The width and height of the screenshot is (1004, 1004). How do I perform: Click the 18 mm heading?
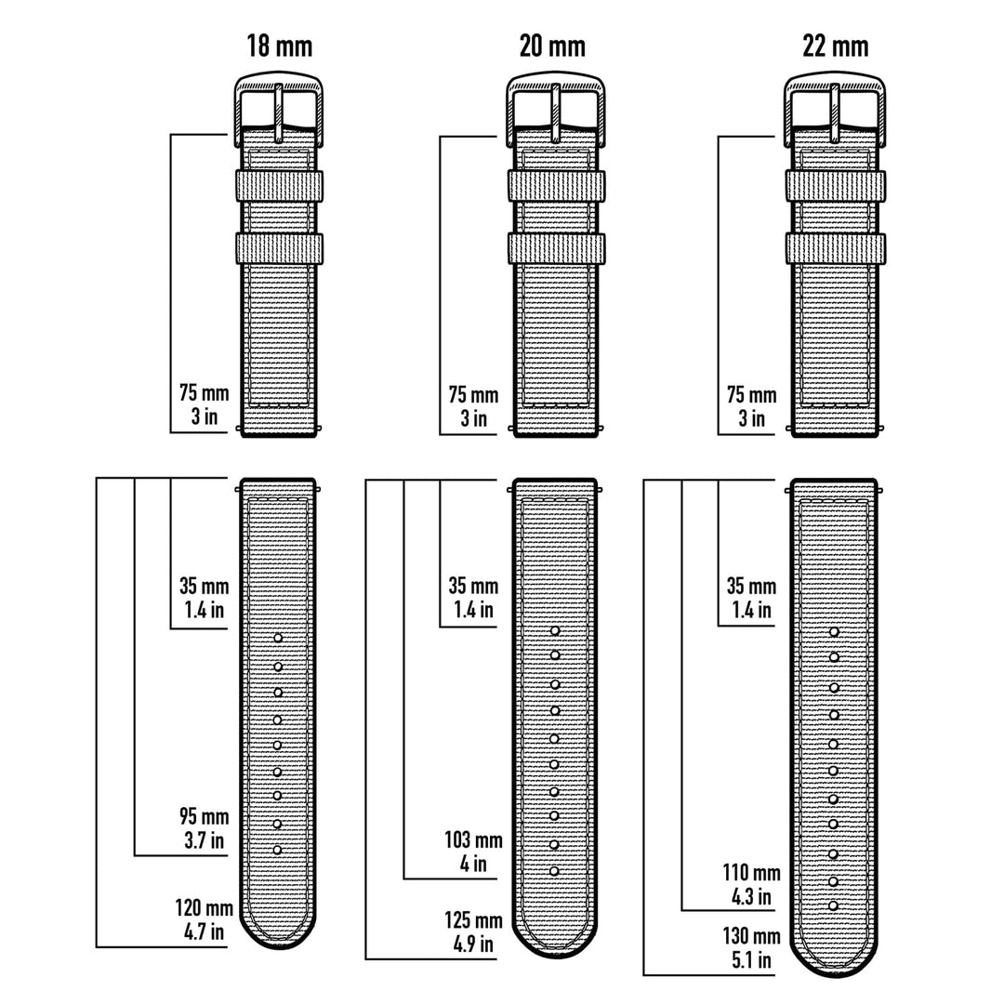pos(279,46)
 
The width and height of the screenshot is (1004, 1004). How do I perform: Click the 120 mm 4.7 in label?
pos(202,918)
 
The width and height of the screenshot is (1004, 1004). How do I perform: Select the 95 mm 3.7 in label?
pos(203,828)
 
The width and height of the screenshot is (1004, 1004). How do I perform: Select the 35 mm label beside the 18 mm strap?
pos(204,598)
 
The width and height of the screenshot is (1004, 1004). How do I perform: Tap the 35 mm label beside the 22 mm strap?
pos(751,598)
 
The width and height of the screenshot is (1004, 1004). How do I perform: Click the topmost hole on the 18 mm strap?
pos(278,638)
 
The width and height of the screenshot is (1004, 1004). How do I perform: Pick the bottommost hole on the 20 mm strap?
pos(555,871)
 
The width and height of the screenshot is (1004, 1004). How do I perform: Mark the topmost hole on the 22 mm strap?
pos(834,632)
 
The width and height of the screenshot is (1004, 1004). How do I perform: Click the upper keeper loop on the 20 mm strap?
pos(556,184)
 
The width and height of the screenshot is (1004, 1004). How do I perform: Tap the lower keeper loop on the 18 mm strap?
pos(279,247)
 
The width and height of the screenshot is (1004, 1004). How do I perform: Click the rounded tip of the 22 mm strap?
pos(834,962)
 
